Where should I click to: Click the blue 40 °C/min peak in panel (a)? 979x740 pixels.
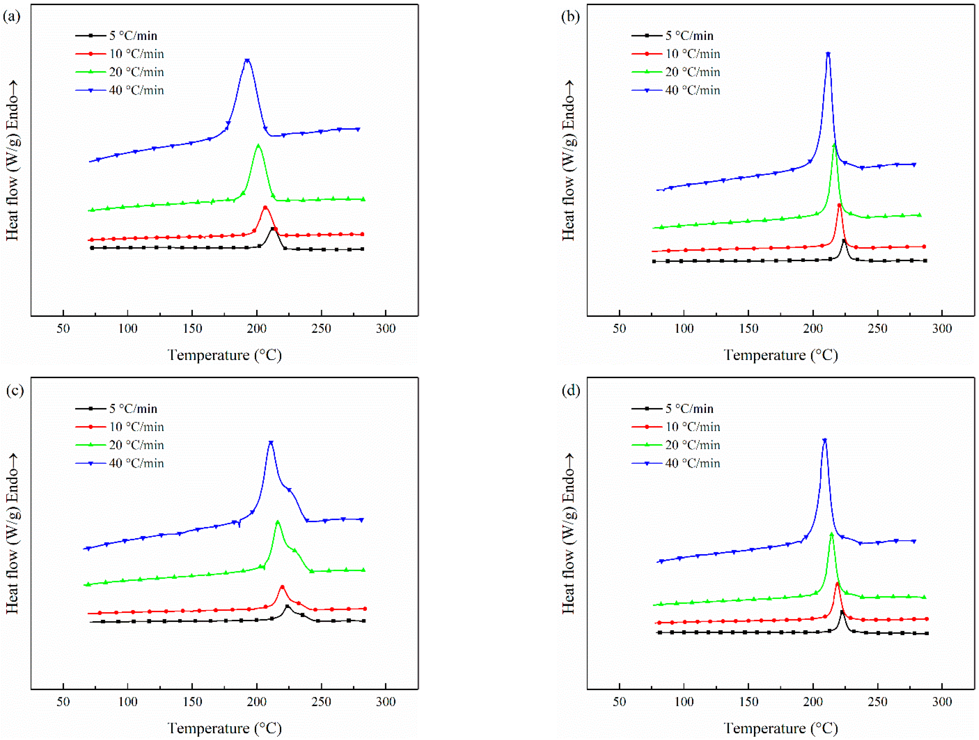tap(247, 60)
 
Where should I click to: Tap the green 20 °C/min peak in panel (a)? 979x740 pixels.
tap(258, 145)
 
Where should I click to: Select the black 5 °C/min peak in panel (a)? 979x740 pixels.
tap(273, 229)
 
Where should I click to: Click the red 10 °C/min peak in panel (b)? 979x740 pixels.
tap(839, 205)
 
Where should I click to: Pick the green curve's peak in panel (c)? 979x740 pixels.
tap(278, 522)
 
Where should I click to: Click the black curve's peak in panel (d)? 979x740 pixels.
tap(842, 612)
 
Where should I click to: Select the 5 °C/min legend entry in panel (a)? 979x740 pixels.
tap(133, 36)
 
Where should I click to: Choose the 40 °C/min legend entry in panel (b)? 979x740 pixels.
tap(692, 90)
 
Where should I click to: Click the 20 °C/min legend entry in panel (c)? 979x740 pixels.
tap(136, 445)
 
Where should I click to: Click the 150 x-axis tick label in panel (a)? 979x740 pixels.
tap(192, 329)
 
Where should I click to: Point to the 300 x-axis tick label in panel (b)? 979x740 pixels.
tap(942, 329)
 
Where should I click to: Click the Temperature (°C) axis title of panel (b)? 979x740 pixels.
tap(780, 355)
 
